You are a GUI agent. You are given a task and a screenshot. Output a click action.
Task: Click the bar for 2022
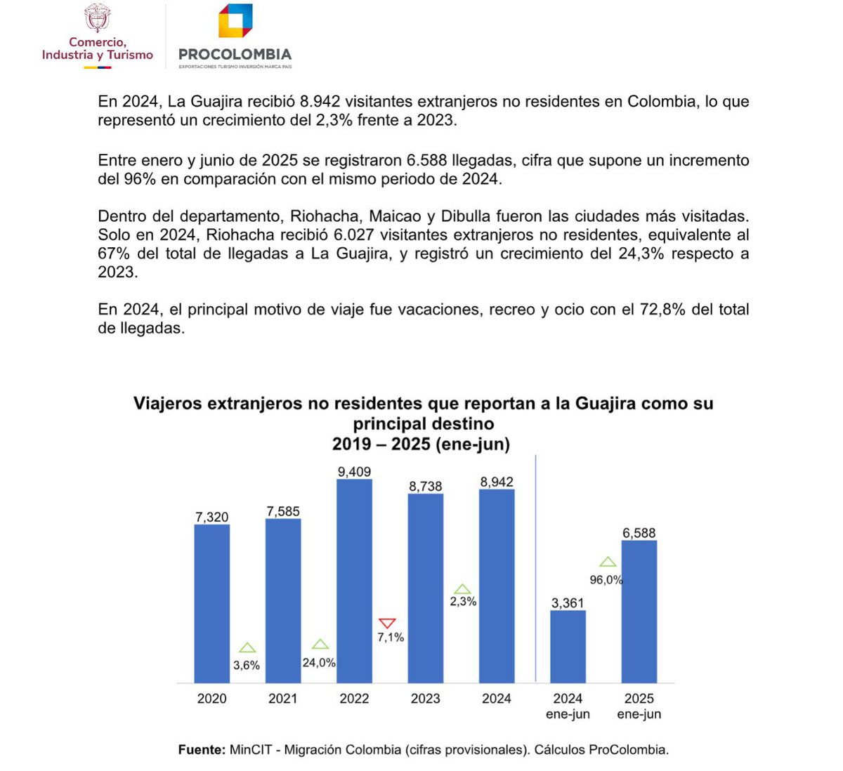point(354,581)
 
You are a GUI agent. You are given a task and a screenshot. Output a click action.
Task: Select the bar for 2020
point(211,603)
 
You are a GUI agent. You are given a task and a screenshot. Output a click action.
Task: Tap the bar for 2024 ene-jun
point(568,646)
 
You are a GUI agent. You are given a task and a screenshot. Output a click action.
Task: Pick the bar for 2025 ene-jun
point(639,611)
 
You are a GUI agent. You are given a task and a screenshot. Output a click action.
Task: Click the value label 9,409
point(354,472)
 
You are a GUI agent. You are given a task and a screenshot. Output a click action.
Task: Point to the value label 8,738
point(426,486)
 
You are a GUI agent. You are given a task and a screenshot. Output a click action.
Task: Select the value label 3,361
point(568,602)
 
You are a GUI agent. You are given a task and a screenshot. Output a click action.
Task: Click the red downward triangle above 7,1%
point(387,624)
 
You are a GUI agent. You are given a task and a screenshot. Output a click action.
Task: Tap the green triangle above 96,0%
point(608,562)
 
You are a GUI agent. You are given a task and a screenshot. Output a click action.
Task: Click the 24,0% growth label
point(319,662)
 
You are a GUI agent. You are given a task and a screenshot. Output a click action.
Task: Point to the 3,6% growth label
point(247,665)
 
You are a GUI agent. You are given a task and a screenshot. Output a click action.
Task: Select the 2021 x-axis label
point(283,699)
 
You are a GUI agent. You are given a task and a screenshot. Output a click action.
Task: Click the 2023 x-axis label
point(426,699)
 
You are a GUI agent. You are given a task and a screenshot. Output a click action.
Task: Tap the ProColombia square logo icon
point(235,21)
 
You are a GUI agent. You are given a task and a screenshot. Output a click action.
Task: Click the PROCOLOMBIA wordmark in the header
point(235,54)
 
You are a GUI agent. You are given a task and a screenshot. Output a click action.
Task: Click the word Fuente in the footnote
point(201,749)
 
